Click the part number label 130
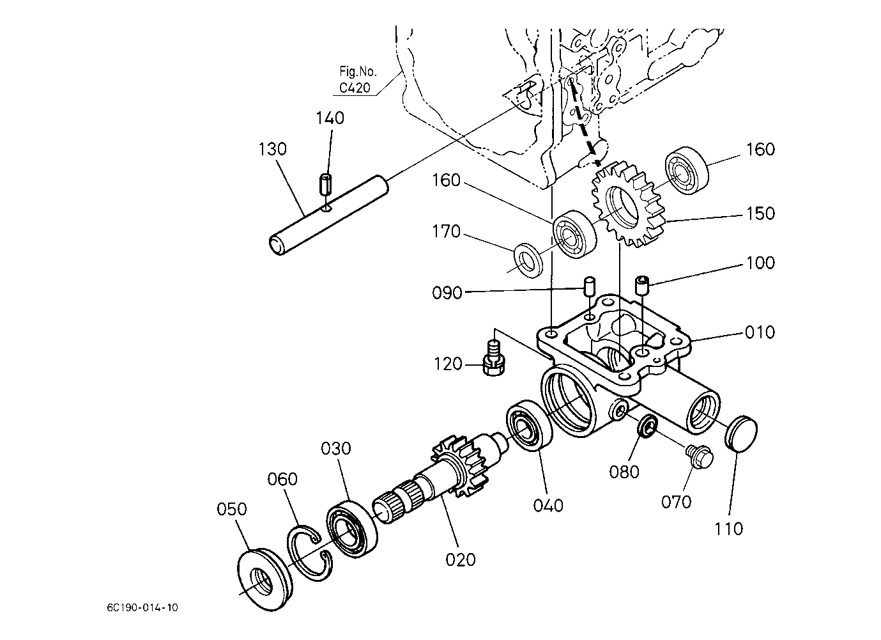[273, 149]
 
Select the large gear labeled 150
[626, 205]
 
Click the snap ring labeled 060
[309, 552]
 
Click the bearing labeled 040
[529, 425]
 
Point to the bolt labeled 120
[493, 358]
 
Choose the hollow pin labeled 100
[641, 285]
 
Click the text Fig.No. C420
[356, 79]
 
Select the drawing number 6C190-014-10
[142, 608]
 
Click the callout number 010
[760, 332]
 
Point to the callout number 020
[461, 559]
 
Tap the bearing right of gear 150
[687, 171]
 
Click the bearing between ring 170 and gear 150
[574, 235]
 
